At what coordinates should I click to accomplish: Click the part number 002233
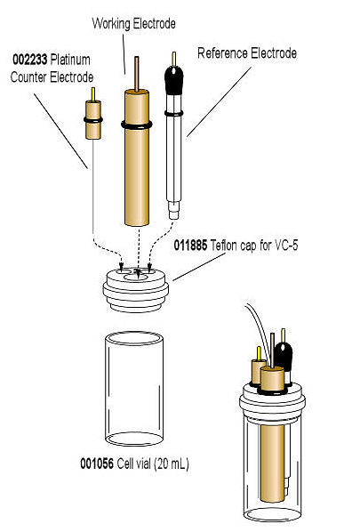click(x=29, y=60)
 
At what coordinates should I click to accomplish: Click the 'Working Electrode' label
click(x=134, y=20)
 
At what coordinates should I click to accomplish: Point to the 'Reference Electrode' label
click(x=246, y=53)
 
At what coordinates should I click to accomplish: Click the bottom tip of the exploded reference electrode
click(x=175, y=214)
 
